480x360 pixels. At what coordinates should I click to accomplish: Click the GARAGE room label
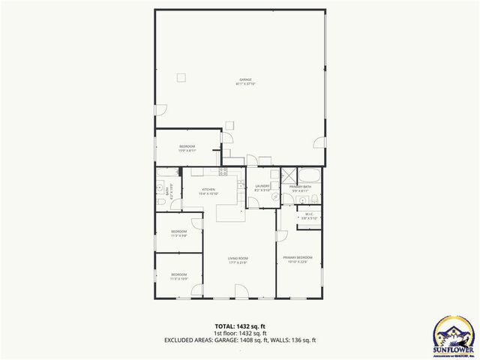[x=245, y=80]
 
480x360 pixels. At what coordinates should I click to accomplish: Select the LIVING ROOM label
[x=238, y=260]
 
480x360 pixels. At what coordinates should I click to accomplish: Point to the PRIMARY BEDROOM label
[x=298, y=259]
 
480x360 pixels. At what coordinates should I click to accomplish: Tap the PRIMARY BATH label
[x=300, y=187]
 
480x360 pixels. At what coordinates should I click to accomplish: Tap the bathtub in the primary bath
[x=309, y=176]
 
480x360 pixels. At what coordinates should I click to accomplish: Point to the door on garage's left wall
[x=157, y=111]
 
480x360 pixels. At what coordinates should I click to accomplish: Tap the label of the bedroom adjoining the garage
[x=187, y=147]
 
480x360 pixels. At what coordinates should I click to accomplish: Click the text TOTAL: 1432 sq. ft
[x=239, y=326]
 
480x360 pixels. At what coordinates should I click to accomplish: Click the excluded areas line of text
[x=239, y=340]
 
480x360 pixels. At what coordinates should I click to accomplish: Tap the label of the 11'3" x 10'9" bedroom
[x=178, y=276]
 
